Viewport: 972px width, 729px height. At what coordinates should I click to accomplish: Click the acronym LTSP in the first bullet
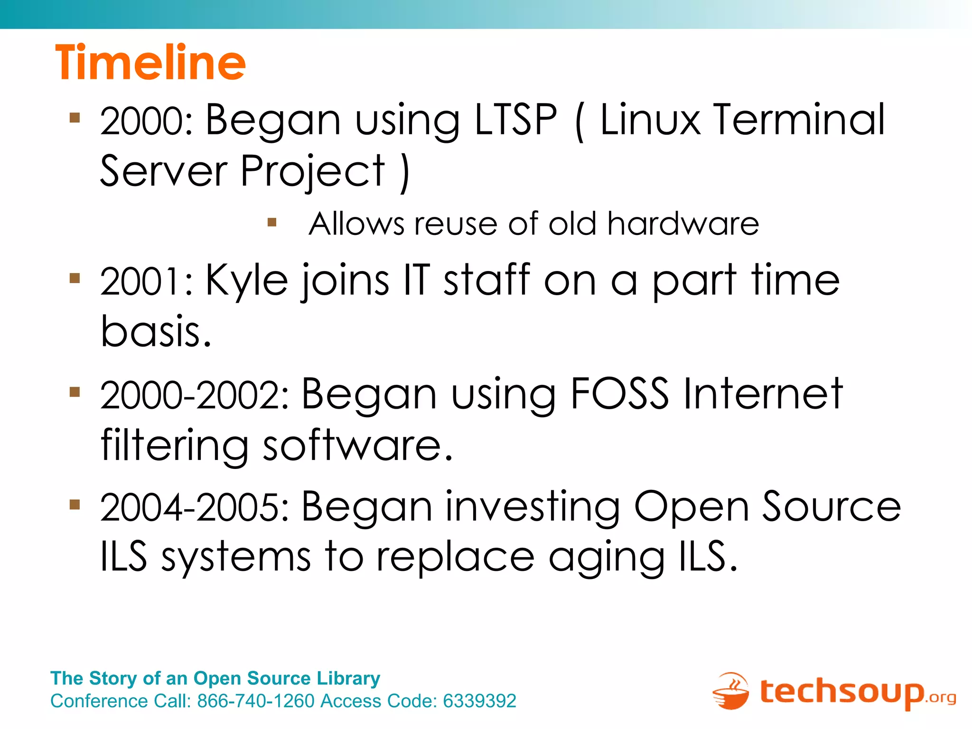click(x=515, y=120)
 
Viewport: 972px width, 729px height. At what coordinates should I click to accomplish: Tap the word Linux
click(x=650, y=120)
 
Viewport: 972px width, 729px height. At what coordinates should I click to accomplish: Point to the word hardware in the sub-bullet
click(x=683, y=224)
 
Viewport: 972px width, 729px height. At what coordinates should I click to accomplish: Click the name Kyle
click(x=246, y=281)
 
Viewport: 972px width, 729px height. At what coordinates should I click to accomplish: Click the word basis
click(x=156, y=331)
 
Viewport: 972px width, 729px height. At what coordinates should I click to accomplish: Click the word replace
click(x=455, y=557)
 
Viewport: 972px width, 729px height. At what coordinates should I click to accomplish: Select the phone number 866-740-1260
click(x=256, y=701)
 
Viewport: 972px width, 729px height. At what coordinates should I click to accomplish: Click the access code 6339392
click(x=479, y=701)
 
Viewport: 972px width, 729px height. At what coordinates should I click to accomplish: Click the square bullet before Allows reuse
click(x=272, y=222)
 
